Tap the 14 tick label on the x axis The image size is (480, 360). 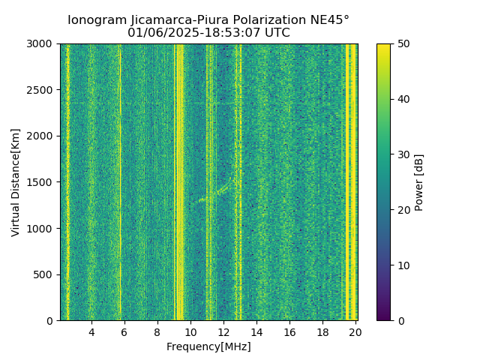click(x=256, y=332)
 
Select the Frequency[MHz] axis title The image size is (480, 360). click(x=208, y=346)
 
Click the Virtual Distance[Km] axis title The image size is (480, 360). click(x=16, y=182)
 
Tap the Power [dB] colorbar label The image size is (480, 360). click(x=419, y=182)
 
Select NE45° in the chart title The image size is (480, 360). click(x=331, y=20)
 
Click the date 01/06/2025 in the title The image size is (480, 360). click(x=157, y=33)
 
